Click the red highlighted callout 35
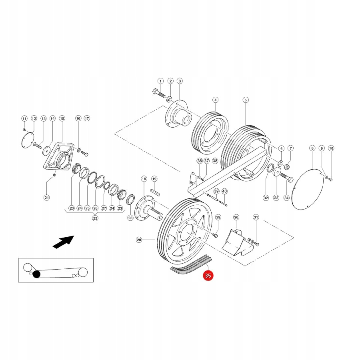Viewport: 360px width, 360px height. click(208, 276)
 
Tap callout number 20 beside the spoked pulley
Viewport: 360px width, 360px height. click(139, 240)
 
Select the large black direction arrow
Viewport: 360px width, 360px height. click(63, 242)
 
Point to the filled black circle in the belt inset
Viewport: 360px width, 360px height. click(36, 274)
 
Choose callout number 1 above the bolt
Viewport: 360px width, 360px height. click(160, 81)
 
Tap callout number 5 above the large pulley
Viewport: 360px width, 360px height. click(246, 100)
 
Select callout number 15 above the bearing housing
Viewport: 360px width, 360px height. click(62, 118)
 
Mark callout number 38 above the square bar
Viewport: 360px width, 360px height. click(215, 161)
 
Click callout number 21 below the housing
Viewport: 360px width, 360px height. click(46, 197)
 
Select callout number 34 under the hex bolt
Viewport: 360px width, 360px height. click(286, 198)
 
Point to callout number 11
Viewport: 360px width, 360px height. click(24, 118)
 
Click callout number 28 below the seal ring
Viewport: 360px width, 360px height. click(130, 218)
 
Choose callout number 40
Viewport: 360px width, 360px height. click(224, 191)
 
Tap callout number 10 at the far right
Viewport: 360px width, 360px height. click(331, 148)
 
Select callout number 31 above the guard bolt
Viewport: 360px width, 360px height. click(256, 217)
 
